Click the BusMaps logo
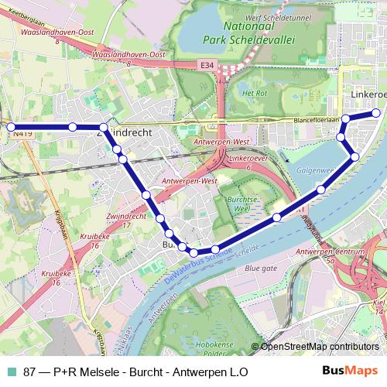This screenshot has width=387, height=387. coord(350,371)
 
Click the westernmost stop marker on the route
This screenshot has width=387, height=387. coord(11,126)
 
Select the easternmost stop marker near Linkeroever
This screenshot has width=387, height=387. coord(376,112)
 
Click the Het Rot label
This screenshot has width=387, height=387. coord(255,92)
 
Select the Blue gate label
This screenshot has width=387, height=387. coord(260,268)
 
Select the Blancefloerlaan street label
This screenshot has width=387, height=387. coord(317,120)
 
